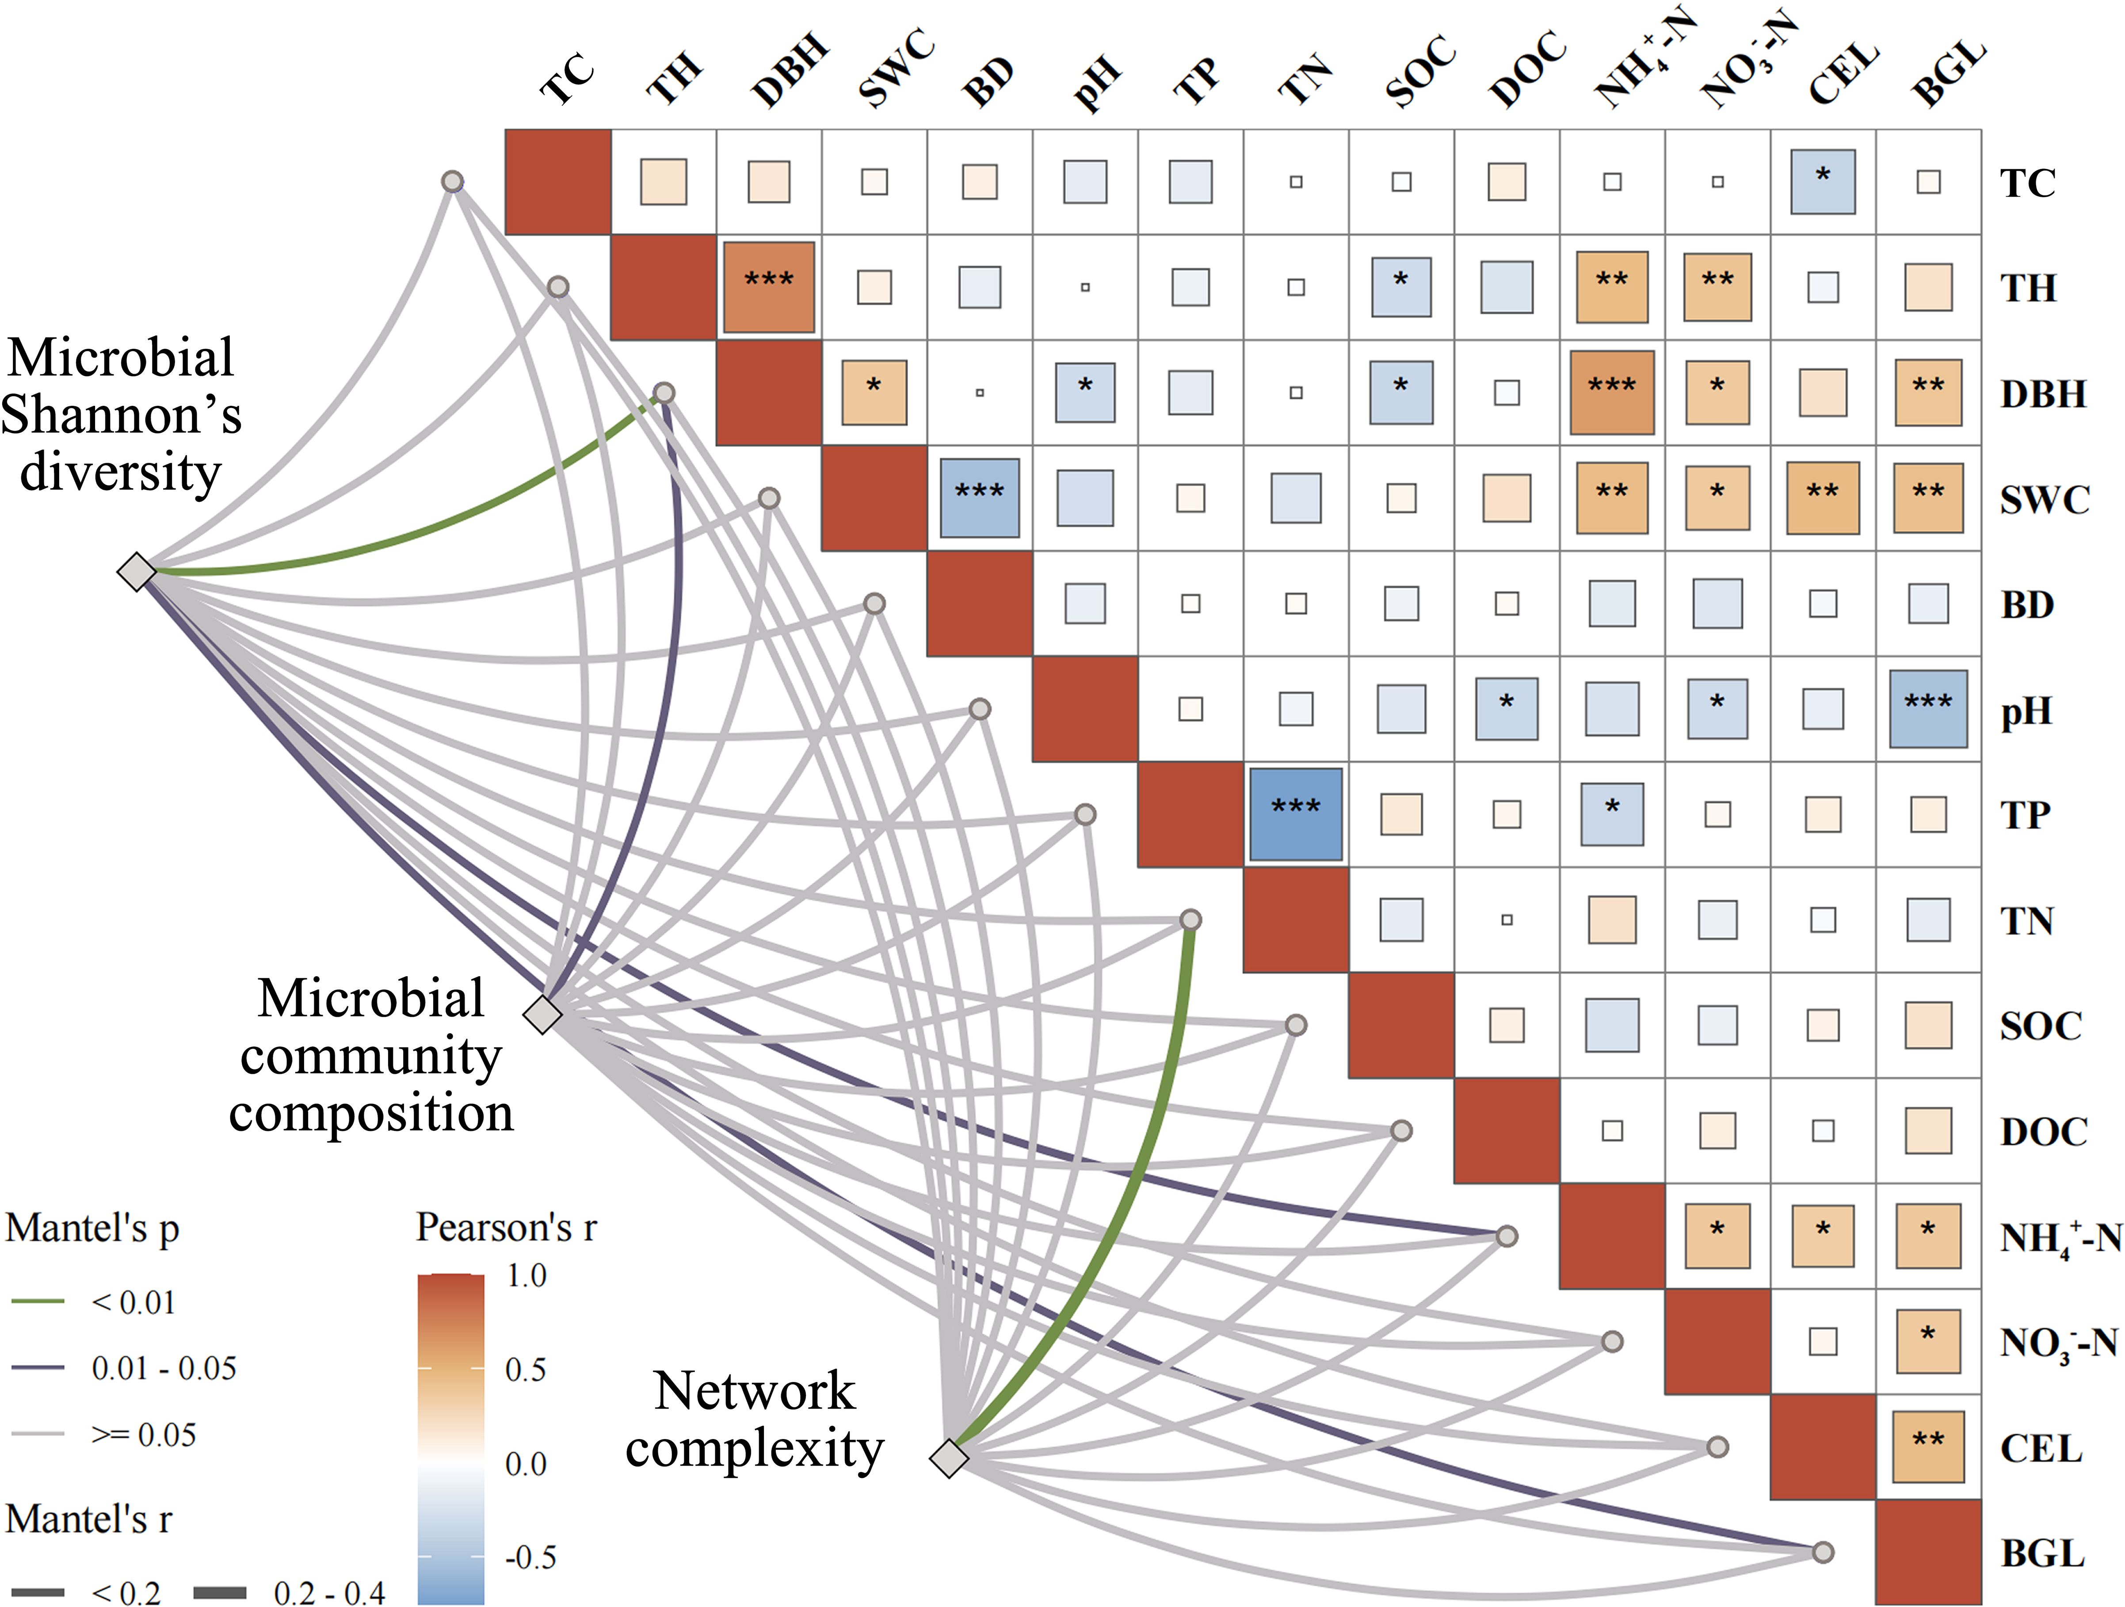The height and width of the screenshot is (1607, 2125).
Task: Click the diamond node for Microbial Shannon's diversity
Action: (x=137, y=572)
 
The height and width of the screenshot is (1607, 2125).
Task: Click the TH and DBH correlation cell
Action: (x=769, y=286)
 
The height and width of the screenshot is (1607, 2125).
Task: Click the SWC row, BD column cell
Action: (x=979, y=497)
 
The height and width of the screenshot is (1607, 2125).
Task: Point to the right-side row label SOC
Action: (x=2041, y=1026)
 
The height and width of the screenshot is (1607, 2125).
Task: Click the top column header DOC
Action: (x=1527, y=69)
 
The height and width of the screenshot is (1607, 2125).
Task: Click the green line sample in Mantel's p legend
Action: (x=38, y=1302)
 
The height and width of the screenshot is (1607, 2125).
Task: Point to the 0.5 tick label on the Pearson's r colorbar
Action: (x=526, y=1369)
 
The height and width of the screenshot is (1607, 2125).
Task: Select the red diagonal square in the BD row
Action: (x=979, y=603)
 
